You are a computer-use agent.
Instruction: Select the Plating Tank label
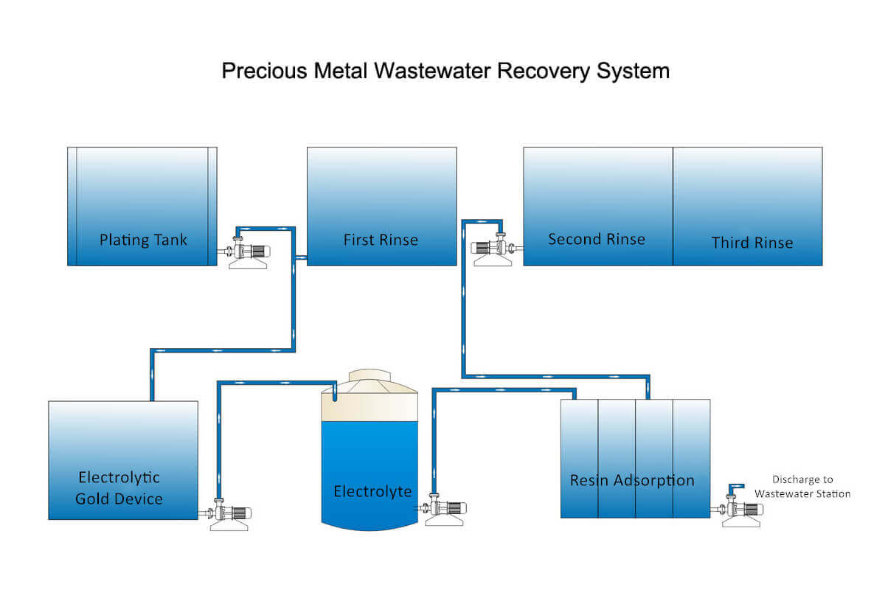143,240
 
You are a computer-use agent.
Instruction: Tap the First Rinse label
381,240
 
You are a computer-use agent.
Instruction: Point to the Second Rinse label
597,239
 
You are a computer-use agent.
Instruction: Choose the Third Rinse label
752,243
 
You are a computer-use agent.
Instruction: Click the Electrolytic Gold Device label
119,487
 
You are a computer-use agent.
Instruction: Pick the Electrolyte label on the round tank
372,491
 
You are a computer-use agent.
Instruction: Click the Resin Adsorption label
632,480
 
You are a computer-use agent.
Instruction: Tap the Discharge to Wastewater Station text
802,487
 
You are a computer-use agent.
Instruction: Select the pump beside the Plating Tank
248,251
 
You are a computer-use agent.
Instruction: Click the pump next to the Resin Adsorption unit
742,511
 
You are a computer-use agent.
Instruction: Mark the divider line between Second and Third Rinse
673,206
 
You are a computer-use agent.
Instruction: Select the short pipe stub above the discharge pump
734,488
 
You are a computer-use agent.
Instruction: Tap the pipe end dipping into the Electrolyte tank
334,395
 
